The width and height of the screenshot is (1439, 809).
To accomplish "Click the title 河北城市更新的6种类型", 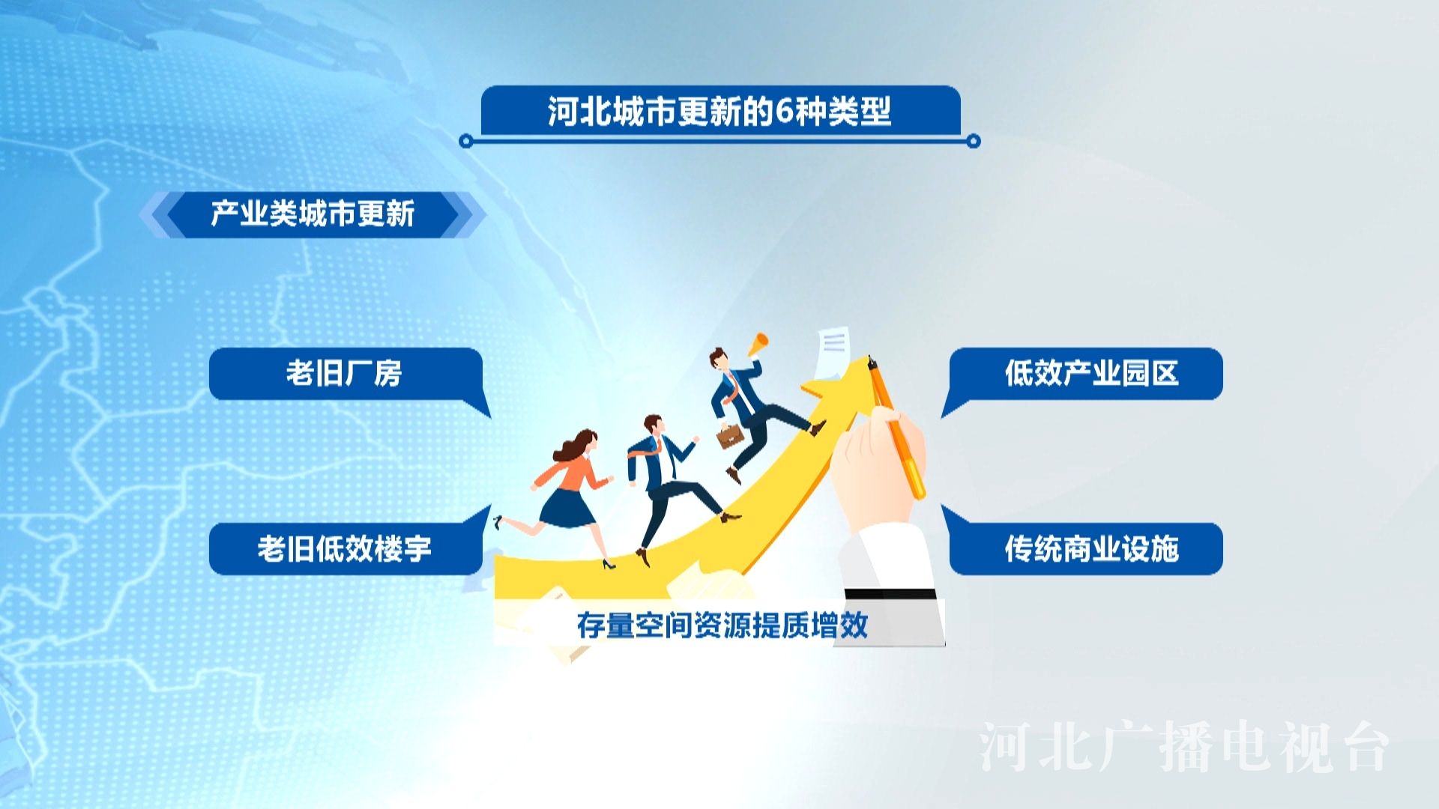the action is click(x=719, y=112).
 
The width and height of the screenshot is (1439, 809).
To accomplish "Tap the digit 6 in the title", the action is click(x=783, y=112).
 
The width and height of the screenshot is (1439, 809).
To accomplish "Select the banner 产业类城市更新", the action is click(x=313, y=214).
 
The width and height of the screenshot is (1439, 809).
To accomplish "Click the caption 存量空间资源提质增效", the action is click(x=722, y=625).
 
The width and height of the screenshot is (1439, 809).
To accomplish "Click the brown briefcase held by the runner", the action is click(x=730, y=436).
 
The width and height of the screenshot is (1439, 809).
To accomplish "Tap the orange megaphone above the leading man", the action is click(x=757, y=344).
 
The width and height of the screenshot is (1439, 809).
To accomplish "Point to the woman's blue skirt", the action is click(x=567, y=508).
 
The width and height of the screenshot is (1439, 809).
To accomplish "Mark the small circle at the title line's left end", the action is click(x=465, y=141).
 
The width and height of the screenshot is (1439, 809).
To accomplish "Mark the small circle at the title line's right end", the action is click(x=974, y=141).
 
